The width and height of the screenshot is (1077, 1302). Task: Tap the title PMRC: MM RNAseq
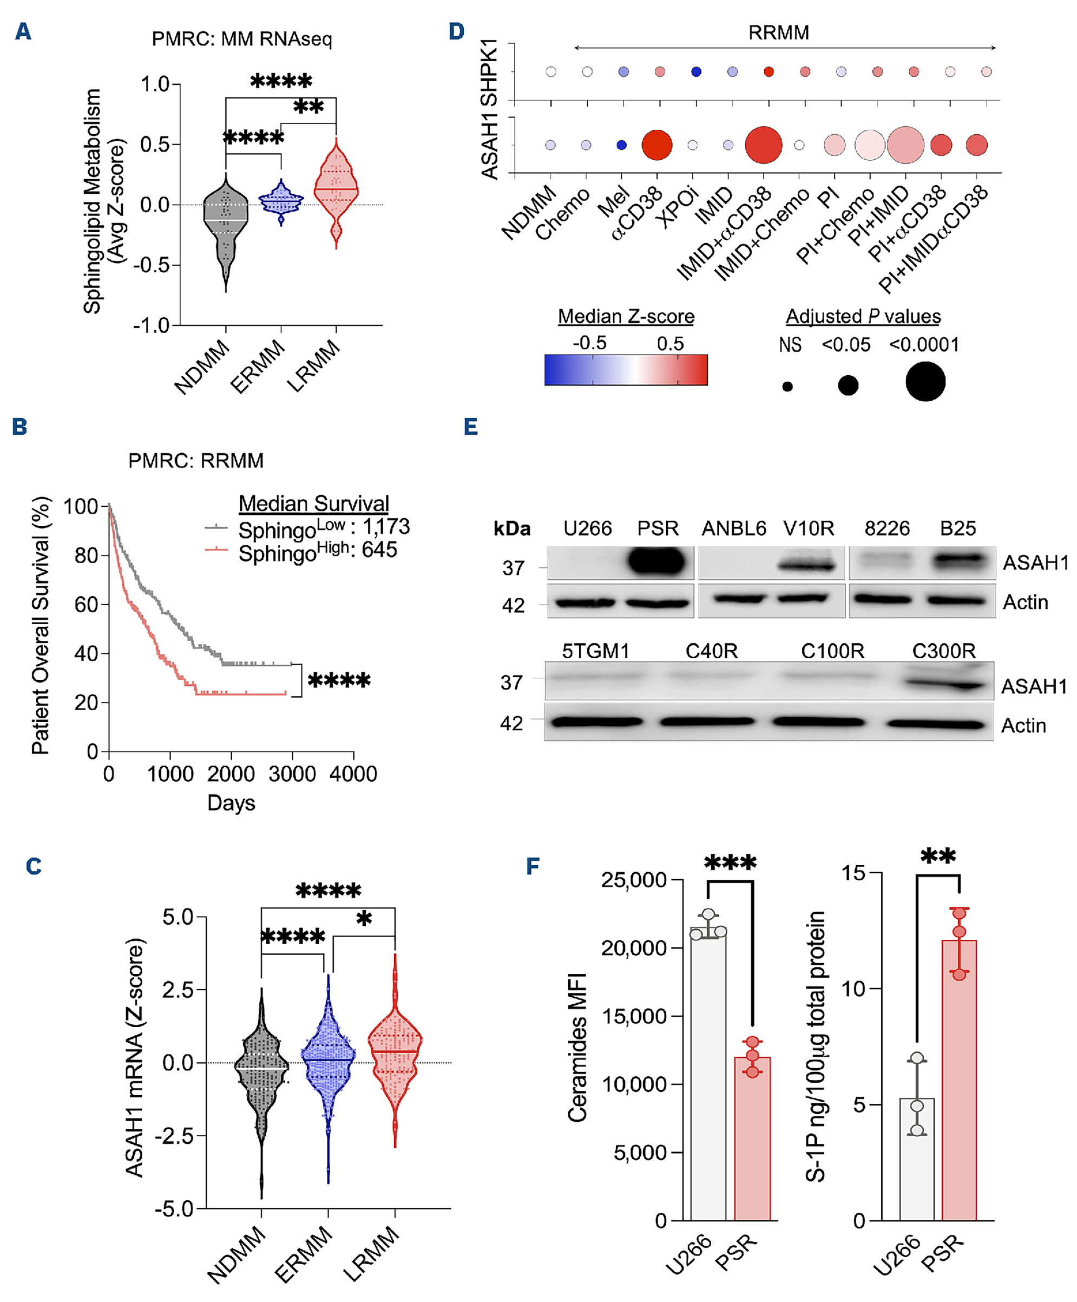(242, 39)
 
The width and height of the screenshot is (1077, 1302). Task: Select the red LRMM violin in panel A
(336, 189)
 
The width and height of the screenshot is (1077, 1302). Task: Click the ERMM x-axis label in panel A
(258, 366)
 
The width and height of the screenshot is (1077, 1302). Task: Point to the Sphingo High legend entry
(317, 551)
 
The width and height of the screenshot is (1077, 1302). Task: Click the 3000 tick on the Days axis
(292, 774)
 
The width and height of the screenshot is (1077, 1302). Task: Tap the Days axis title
(231, 803)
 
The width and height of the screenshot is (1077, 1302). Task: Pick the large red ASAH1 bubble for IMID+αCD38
(764, 145)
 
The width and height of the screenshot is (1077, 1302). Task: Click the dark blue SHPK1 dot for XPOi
(696, 72)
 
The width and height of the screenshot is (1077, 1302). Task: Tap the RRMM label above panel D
(778, 32)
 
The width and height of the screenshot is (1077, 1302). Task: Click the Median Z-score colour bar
(626, 370)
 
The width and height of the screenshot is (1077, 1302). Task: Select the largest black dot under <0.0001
(925, 381)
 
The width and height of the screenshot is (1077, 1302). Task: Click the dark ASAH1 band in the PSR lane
(657, 562)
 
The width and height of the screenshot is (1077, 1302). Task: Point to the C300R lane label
(943, 651)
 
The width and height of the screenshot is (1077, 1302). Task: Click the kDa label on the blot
(512, 529)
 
